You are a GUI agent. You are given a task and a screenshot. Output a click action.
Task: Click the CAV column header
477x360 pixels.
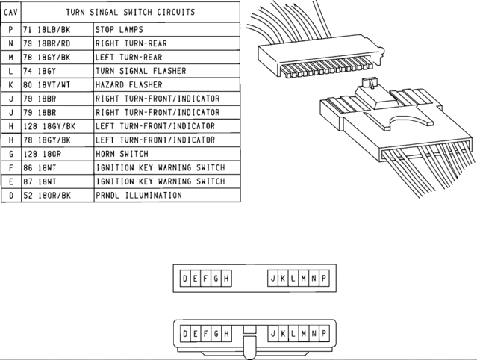click(x=11, y=13)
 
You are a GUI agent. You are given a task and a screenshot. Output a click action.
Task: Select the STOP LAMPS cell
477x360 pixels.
click(x=119, y=30)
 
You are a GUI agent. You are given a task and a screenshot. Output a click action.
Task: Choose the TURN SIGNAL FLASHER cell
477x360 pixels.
click(x=140, y=71)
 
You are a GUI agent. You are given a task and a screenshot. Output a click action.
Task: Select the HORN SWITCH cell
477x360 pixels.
click(x=122, y=154)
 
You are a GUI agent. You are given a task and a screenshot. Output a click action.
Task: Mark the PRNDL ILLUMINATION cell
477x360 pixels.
click(x=138, y=196)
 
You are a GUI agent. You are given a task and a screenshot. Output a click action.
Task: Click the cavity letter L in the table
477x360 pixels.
click(x=11, y=71)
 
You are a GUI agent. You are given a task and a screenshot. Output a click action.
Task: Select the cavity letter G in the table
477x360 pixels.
click(x=11, y=154)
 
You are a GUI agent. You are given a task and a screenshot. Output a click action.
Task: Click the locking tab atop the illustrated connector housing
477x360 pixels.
click(x=367, y=84)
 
